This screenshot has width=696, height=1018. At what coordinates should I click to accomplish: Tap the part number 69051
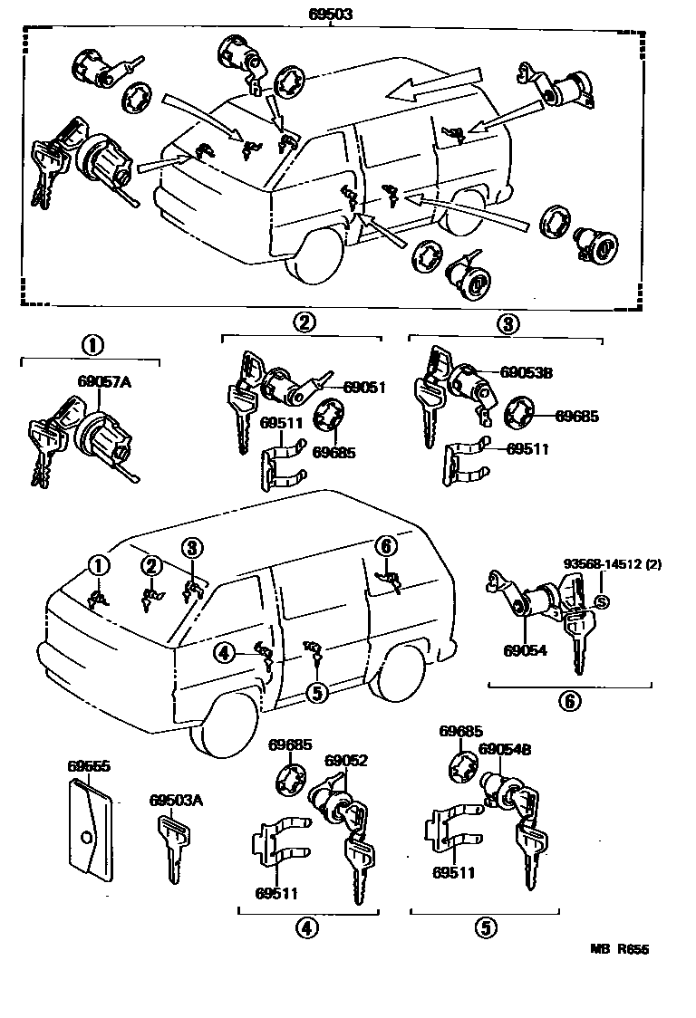(x=364, y=388)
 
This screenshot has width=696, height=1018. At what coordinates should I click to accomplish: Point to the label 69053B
(x=527, y=371)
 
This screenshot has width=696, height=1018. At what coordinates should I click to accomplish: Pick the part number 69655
(x=89, y=765)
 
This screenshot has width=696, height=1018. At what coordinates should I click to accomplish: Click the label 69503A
(x=176, y=801)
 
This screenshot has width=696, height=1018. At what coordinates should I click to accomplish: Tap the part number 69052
(x=345, y=761)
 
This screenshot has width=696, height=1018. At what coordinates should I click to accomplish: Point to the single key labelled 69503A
(x=174, y=847)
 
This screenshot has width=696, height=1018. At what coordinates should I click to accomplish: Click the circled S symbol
(x=600, y=601)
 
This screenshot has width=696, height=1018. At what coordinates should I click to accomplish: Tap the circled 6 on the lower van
(x=385, y=546)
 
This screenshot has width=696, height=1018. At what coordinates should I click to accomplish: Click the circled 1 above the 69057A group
(x=91, y=345)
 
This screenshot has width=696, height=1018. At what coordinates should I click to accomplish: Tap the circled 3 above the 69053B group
(x=508, y=322)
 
